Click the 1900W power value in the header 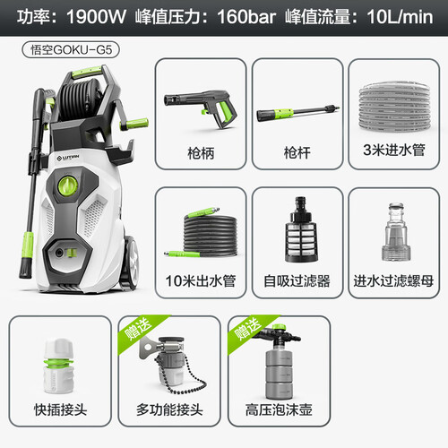96,17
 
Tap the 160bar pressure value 246,17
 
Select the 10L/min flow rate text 400,17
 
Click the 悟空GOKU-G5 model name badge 71,49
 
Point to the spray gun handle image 201,108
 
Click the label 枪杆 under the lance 297,153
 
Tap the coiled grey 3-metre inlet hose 394,107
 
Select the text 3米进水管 394,150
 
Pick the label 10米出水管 201,281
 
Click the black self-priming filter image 301,229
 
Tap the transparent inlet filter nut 396,232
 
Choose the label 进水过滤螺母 393,281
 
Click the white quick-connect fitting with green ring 58,366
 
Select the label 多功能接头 169,409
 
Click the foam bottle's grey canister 280,374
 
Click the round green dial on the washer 68,185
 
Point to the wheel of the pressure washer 130,263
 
